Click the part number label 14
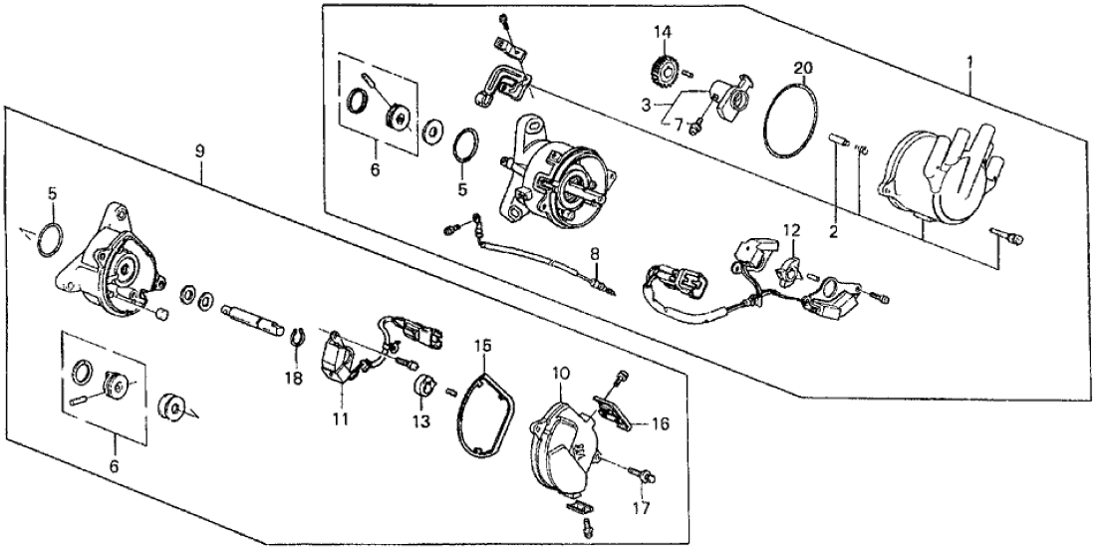click(662, 33)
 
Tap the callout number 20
click(803, 68)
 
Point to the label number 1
click(970, 61)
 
